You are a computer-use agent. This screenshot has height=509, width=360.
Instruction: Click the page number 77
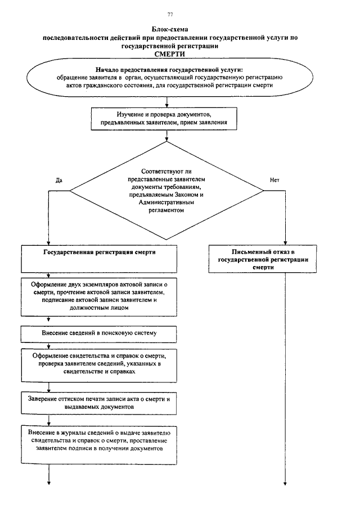170,14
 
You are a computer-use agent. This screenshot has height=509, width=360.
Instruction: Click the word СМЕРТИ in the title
169,54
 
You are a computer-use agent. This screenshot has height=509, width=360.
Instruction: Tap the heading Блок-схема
169,30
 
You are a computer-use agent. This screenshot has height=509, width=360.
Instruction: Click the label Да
58,180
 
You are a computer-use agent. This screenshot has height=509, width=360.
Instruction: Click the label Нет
274,180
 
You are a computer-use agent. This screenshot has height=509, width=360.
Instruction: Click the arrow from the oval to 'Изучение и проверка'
167,102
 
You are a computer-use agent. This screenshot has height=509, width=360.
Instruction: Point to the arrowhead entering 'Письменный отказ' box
285,243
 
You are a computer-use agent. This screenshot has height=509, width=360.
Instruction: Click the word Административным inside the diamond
166,202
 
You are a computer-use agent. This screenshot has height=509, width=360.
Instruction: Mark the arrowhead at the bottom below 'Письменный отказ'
285,483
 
